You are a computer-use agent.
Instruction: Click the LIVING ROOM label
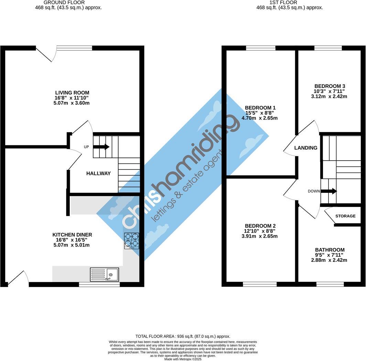click(72, 93)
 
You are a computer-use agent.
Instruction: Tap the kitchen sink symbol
click(104, 275)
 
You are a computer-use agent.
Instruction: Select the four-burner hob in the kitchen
click(132, 241)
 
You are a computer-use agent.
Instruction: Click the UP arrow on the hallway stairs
click(101, 147)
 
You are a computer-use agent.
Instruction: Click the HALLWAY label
click(98, 173)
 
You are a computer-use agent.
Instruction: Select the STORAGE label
click(345, 216)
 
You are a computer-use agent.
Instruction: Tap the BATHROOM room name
click(330, 250)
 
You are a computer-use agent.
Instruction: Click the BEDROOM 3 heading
click(330, 86)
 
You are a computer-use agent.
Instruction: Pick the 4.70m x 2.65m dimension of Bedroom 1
click(259, 118)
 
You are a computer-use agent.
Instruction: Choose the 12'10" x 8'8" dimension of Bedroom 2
click(259, 231)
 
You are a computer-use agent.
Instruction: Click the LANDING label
click(306, 148)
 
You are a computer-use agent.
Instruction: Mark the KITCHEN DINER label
click(72, 235)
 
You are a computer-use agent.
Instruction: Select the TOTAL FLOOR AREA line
click(183, 336)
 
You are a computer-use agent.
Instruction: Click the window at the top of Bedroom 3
click(328, 48)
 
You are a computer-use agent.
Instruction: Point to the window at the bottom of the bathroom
click(330, 284)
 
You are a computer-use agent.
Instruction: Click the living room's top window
click(74, 48)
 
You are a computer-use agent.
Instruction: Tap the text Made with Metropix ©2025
click(183, 359)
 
